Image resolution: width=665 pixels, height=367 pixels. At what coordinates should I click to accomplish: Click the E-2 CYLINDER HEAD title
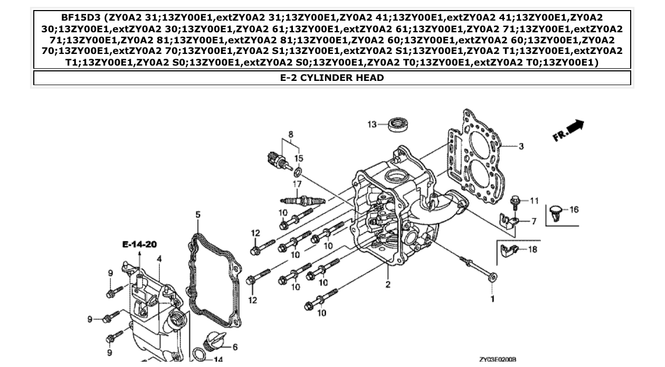[332, 78]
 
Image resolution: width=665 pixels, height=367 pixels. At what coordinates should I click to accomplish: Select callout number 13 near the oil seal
[373, 124]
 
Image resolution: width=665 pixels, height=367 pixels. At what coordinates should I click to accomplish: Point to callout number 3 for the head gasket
[521, 146]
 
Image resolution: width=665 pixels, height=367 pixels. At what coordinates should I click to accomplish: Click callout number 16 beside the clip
[574, 209]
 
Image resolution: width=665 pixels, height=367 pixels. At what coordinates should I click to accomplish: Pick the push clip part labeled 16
[555, 212]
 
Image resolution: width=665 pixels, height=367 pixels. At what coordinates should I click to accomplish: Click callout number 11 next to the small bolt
[534, 200]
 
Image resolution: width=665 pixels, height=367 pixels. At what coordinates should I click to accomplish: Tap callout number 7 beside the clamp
[534, 221]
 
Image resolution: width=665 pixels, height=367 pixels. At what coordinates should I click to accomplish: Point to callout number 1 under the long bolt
[493, 299]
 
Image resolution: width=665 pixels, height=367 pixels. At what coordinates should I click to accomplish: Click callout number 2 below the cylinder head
[388, 285]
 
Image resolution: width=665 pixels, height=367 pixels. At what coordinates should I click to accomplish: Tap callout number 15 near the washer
[299, 158]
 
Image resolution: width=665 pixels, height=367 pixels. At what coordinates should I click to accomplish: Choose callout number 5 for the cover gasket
[198, 214]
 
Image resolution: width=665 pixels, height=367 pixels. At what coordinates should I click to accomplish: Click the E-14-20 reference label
[139, 244]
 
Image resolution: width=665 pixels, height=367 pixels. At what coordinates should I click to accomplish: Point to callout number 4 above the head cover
[159, 259]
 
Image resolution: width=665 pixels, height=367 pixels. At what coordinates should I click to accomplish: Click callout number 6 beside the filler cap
[235, 347]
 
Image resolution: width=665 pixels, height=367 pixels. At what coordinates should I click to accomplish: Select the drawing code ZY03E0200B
[497, 360]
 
